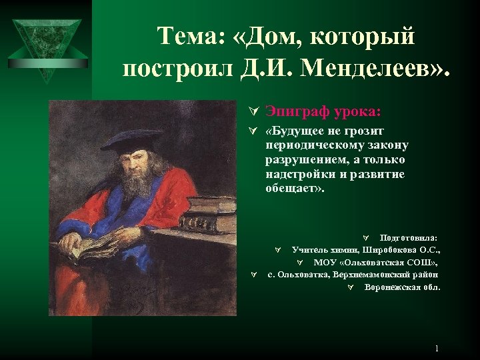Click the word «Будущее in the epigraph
[297, 131]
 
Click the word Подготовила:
[408, 238]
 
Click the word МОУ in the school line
[325, 262]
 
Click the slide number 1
[435, 348]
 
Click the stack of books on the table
[211, 213]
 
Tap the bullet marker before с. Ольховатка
[253, 275]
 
